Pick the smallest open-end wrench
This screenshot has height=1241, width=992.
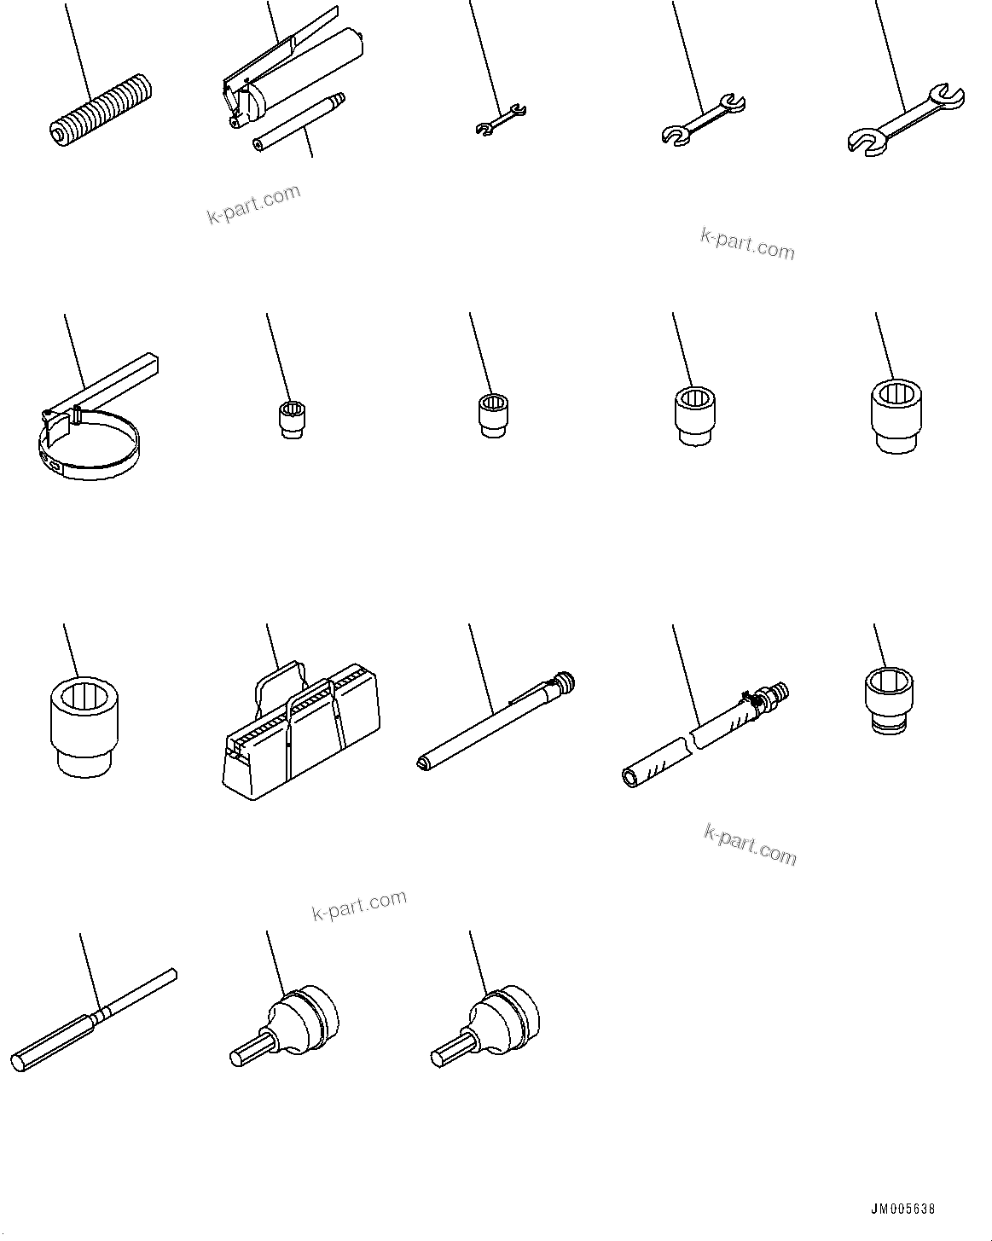(500, 119)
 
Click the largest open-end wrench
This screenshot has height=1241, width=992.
(907, 120)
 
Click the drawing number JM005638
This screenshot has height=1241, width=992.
(903, 1209)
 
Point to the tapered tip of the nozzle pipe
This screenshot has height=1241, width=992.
(339, 99)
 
